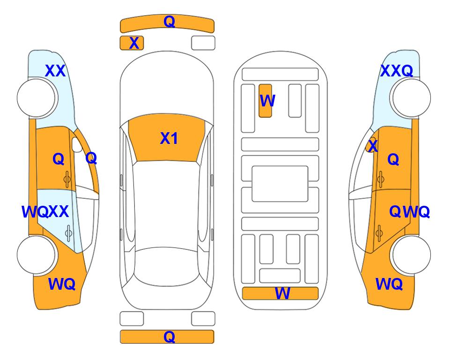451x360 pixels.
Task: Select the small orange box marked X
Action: [132, 43]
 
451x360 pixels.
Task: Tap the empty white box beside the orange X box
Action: [203, 43]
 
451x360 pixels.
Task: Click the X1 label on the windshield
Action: [169, 138]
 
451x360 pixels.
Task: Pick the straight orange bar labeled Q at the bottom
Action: [167, 337]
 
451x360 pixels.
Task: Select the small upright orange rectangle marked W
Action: [265, 101]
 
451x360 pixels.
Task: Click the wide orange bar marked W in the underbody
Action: [280, 293]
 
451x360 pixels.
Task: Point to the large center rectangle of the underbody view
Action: [280, 184]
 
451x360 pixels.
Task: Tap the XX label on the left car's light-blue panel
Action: [55, 71]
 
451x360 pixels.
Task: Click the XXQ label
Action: [397, 71]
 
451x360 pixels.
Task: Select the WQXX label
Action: [45, 212]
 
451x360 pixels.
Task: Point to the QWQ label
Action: [409, 212]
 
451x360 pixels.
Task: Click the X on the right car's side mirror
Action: [373, 145]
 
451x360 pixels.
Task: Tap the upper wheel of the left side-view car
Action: [36, 98]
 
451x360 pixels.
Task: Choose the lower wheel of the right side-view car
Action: [411, 255]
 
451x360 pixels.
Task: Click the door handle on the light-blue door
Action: [68, 233]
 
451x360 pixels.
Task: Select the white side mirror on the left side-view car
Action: [77, 145]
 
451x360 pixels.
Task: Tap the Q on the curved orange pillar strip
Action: [91, 158]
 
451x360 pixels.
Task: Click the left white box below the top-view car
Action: [132, 319]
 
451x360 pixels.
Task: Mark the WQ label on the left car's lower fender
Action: [62, 284]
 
